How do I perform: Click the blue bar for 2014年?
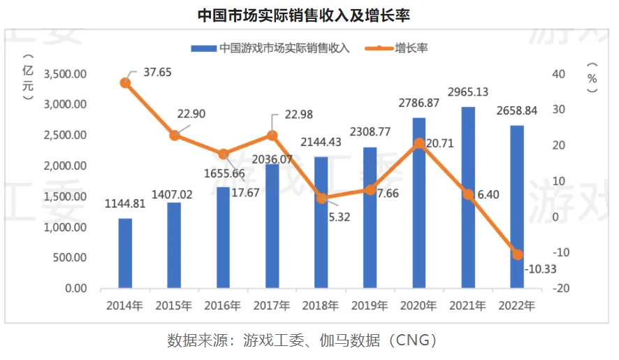coord(125,253)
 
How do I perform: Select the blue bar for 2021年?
coord(468,197)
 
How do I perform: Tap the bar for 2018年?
coord(321,222)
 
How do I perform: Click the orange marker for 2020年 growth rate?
coord(419,144)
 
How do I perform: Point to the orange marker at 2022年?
coord(517,254)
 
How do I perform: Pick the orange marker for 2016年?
coord(223,154)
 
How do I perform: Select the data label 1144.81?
coord(125,204)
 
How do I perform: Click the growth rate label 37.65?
coord(158,72)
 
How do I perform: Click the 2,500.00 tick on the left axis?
coord(65,135)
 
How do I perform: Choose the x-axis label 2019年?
coord(370,305)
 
